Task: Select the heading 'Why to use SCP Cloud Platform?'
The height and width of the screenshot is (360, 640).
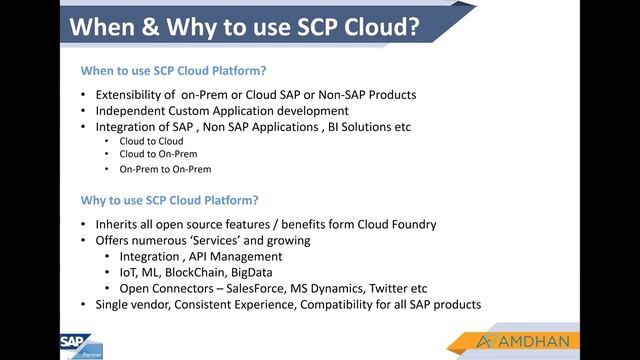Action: [x=169, y=199]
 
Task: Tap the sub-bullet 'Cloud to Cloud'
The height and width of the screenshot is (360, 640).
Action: [x=151, y=141]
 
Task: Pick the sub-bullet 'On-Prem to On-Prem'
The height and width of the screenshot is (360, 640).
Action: [x=165, y=169]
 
